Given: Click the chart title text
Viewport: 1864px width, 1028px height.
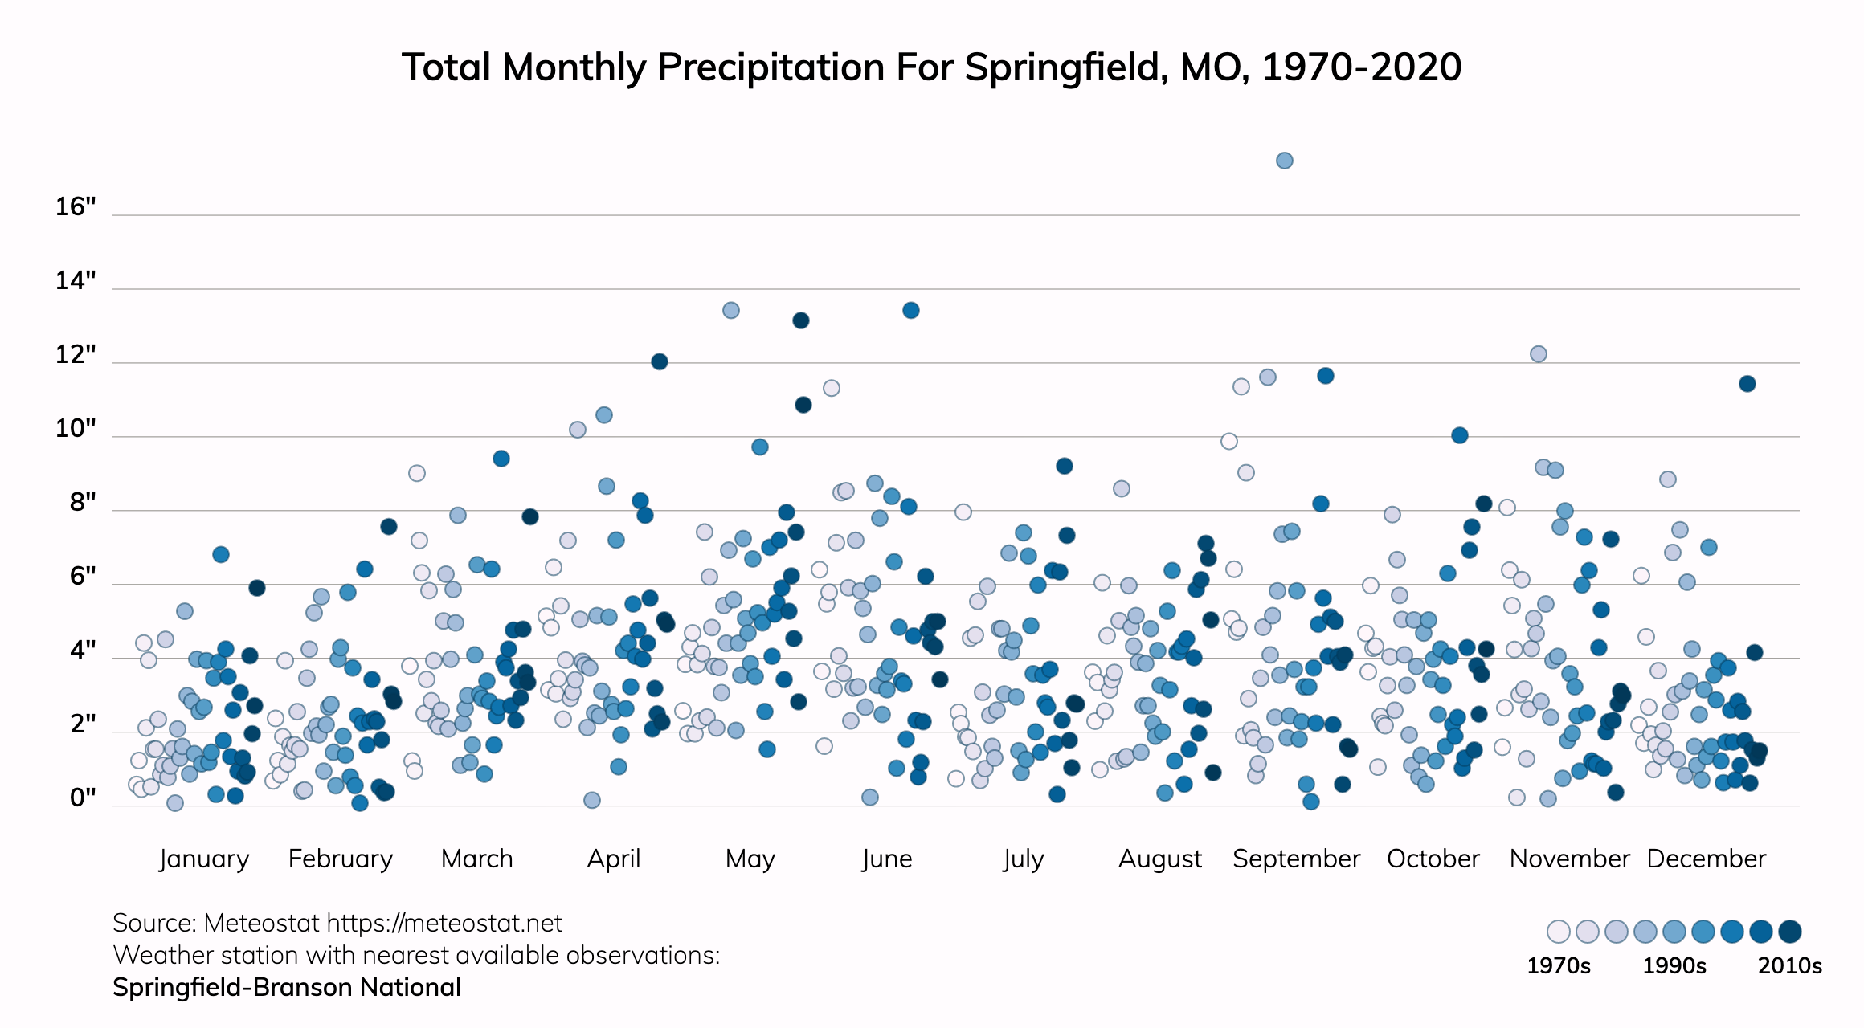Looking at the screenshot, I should [x=931, y=67].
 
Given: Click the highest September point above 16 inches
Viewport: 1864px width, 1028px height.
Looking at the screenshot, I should [x=1284, y=161].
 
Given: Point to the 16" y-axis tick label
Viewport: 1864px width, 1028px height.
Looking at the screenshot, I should [x=76, y=207].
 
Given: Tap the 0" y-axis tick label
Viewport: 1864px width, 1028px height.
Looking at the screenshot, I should [x=83, y=798].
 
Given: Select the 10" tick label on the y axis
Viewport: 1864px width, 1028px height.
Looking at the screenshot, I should [x=76, y=429].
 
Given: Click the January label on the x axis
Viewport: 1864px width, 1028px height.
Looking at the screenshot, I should [x=204, y=859].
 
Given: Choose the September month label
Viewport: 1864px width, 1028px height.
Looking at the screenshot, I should [x=1296, y=859].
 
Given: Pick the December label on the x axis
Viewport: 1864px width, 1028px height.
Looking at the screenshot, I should [x=1706, y=859].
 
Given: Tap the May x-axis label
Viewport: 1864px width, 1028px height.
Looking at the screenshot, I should [x=750, y=859].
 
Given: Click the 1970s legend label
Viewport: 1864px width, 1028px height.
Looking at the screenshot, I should [x=1558, y=965].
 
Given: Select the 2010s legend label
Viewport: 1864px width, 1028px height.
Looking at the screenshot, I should [x=1789, y=965].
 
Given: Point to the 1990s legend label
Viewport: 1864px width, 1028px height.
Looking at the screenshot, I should [x=1674, y=965].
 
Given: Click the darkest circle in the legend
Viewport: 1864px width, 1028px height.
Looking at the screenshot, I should [x=1789, y=932].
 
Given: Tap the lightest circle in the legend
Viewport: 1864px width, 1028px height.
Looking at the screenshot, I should [x=1558, y=932].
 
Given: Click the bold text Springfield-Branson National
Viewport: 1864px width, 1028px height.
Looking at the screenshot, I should [x=287, y=987].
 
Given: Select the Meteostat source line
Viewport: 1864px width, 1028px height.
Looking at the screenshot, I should [x=337, y=923].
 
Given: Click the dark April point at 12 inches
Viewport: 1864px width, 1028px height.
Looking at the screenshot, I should [x=659, y=361].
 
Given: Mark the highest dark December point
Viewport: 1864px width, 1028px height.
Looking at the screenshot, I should [x=1747, y=384].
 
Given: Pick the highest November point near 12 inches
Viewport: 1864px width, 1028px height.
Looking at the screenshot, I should [x=1538, y=354].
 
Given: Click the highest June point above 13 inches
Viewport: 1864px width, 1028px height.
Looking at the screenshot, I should [x=910, y=310].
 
